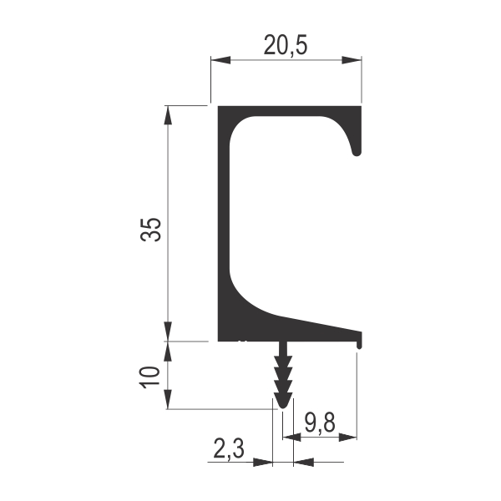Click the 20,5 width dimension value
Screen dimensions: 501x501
click(286, 45)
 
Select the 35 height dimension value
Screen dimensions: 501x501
click(150, 230)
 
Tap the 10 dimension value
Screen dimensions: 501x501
click(149, 377)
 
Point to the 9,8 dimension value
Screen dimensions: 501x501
click(320, 422)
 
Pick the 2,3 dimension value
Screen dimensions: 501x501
click(229, 448)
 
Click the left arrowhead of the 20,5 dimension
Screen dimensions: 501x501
click(220, 60)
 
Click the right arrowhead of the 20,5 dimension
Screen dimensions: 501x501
click(352, 60)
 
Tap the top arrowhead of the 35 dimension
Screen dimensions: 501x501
click(168, 115)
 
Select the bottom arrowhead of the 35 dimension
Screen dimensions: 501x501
click(168, 331)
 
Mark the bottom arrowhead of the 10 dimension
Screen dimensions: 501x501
click(168, 399)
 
